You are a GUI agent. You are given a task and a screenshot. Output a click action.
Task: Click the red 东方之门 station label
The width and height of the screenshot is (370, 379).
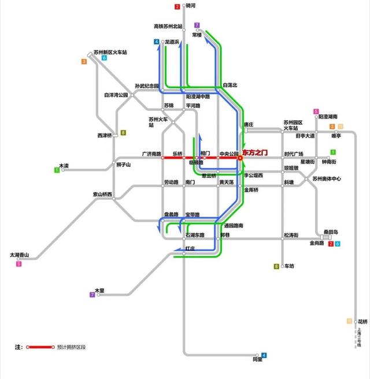pos(256,152)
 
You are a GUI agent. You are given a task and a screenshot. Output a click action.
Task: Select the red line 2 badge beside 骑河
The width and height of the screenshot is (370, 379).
pos(177,7)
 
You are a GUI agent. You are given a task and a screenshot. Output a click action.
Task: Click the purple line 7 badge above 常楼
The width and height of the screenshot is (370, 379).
pos(197,25)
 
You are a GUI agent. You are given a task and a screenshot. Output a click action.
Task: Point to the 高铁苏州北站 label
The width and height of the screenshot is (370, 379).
pos(168,27)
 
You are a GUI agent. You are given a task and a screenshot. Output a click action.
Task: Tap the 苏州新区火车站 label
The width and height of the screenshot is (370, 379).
pos(110,52)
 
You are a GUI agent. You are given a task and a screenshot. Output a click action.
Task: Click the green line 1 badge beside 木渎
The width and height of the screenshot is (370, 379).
pos(57,170)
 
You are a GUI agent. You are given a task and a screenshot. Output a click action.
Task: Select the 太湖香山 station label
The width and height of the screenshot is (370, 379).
pos(19,255)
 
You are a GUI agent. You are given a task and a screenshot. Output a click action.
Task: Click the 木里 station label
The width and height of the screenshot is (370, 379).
pos(99,290)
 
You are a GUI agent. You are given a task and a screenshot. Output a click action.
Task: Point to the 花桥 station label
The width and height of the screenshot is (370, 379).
pos(362,321)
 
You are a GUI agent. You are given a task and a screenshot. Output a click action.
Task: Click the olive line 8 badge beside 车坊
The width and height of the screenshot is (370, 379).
pos(276,266)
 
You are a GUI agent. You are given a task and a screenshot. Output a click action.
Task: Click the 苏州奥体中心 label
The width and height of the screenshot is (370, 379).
pos(326,179)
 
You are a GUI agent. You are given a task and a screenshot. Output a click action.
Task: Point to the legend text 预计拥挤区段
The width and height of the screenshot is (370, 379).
pos(72,347)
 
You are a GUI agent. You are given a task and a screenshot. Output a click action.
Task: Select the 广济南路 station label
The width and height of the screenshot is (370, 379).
pos(151,154)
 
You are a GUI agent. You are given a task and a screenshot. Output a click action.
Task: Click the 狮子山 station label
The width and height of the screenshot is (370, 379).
pos(124,165)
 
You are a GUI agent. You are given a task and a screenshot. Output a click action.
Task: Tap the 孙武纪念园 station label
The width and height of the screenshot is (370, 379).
pos(147,86)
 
